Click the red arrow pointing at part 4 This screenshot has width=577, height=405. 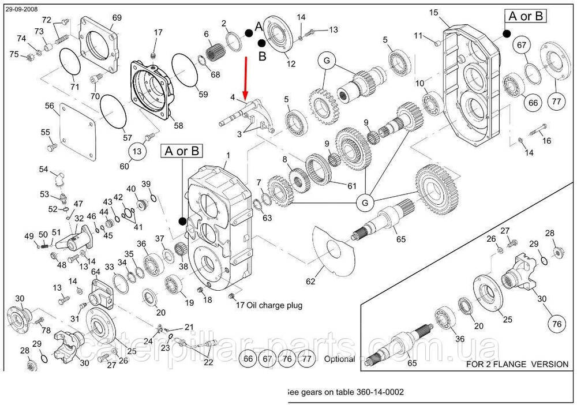point(246,77)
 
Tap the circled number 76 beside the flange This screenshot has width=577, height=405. point(556,324)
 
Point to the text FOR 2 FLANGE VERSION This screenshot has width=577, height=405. point(517,364)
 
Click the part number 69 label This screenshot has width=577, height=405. point(117,17)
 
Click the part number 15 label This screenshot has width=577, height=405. point(451,12)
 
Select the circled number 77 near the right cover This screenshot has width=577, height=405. point(556,102)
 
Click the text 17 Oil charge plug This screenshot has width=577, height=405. point(270,305)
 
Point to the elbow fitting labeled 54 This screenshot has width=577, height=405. point(59,179)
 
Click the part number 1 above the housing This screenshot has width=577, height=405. point(227,156)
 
